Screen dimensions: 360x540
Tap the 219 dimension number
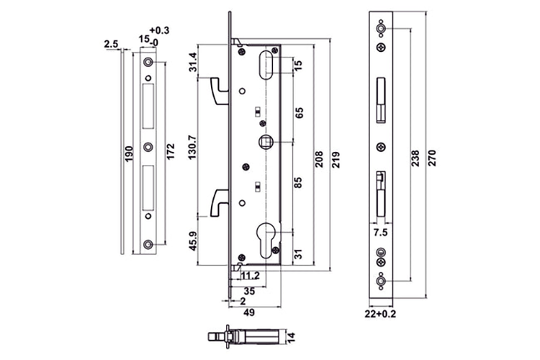pyautogui.click(x=336, y=158)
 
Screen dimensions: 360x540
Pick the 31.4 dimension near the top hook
pyautogui.click(x=192, y=63)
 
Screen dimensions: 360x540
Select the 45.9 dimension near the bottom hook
pyautogui.click(x=192, y=240)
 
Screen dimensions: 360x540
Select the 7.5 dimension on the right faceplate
pyautogui.click(x=382, y=233)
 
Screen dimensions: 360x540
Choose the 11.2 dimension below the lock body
pyautogui.click(x=250, y=275)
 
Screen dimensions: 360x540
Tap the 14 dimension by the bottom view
pyautogui.click(x=291, y=336)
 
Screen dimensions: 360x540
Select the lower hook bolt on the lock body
pyautogui.click(x=217, y=202)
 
